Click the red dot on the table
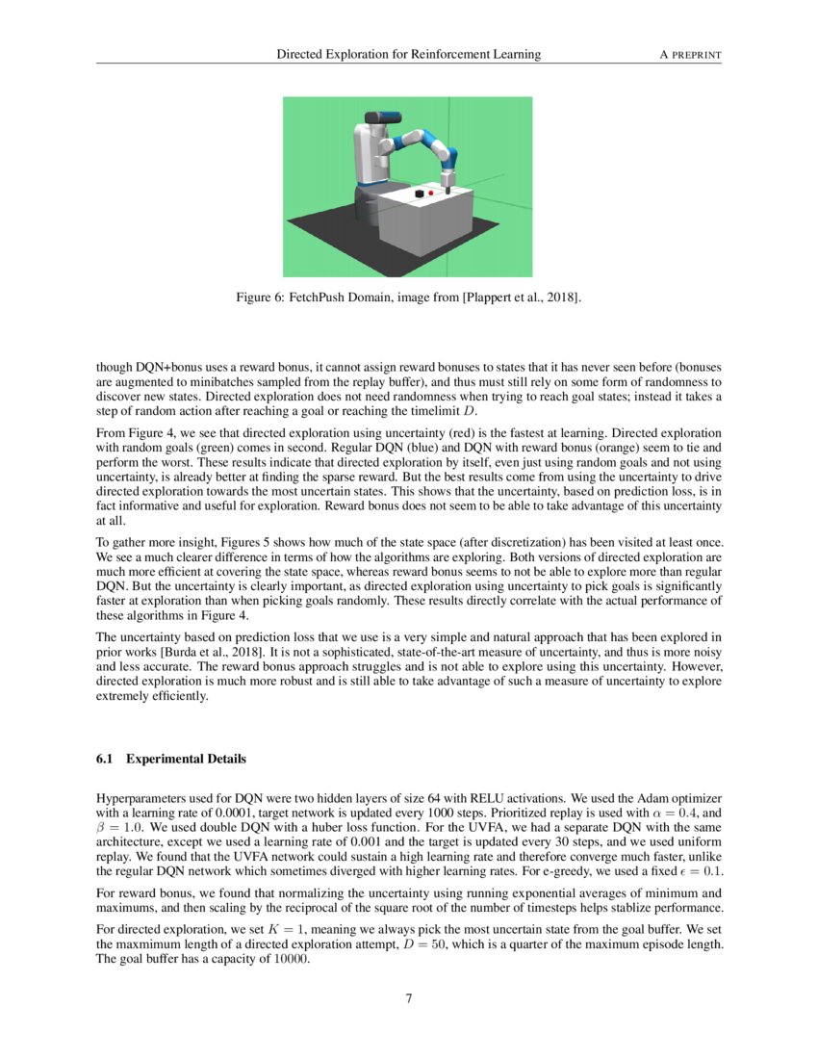point(430,194)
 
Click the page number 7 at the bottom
point(409,998)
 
